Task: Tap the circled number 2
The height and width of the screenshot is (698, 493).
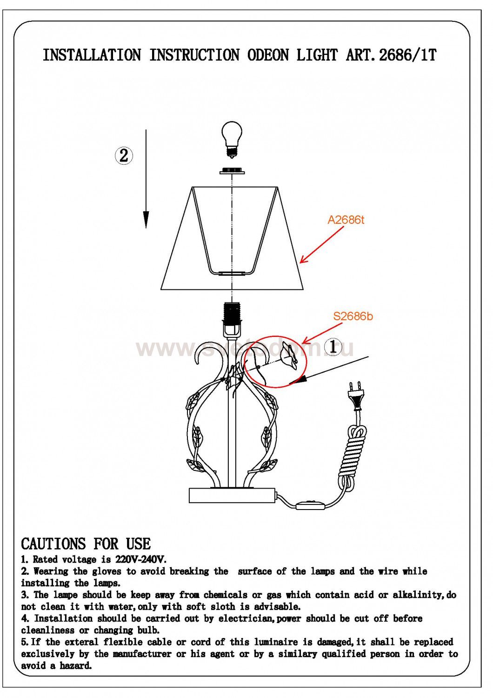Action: tap(124, 155)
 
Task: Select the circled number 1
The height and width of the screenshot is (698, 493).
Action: tap(333, 347)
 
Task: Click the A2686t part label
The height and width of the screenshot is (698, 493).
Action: tap(346, 220)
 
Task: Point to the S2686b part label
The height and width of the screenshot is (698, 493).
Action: tap(353, 316)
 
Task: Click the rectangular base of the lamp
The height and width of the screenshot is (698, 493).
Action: tap(232, 496)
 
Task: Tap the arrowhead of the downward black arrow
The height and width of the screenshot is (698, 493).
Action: tap(146, 220)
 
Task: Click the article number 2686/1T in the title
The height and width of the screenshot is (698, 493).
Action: tap(407, 55)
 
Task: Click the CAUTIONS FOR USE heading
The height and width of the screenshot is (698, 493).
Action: tap(86, 544)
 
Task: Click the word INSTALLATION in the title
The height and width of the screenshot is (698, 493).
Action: tap(92, 55)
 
